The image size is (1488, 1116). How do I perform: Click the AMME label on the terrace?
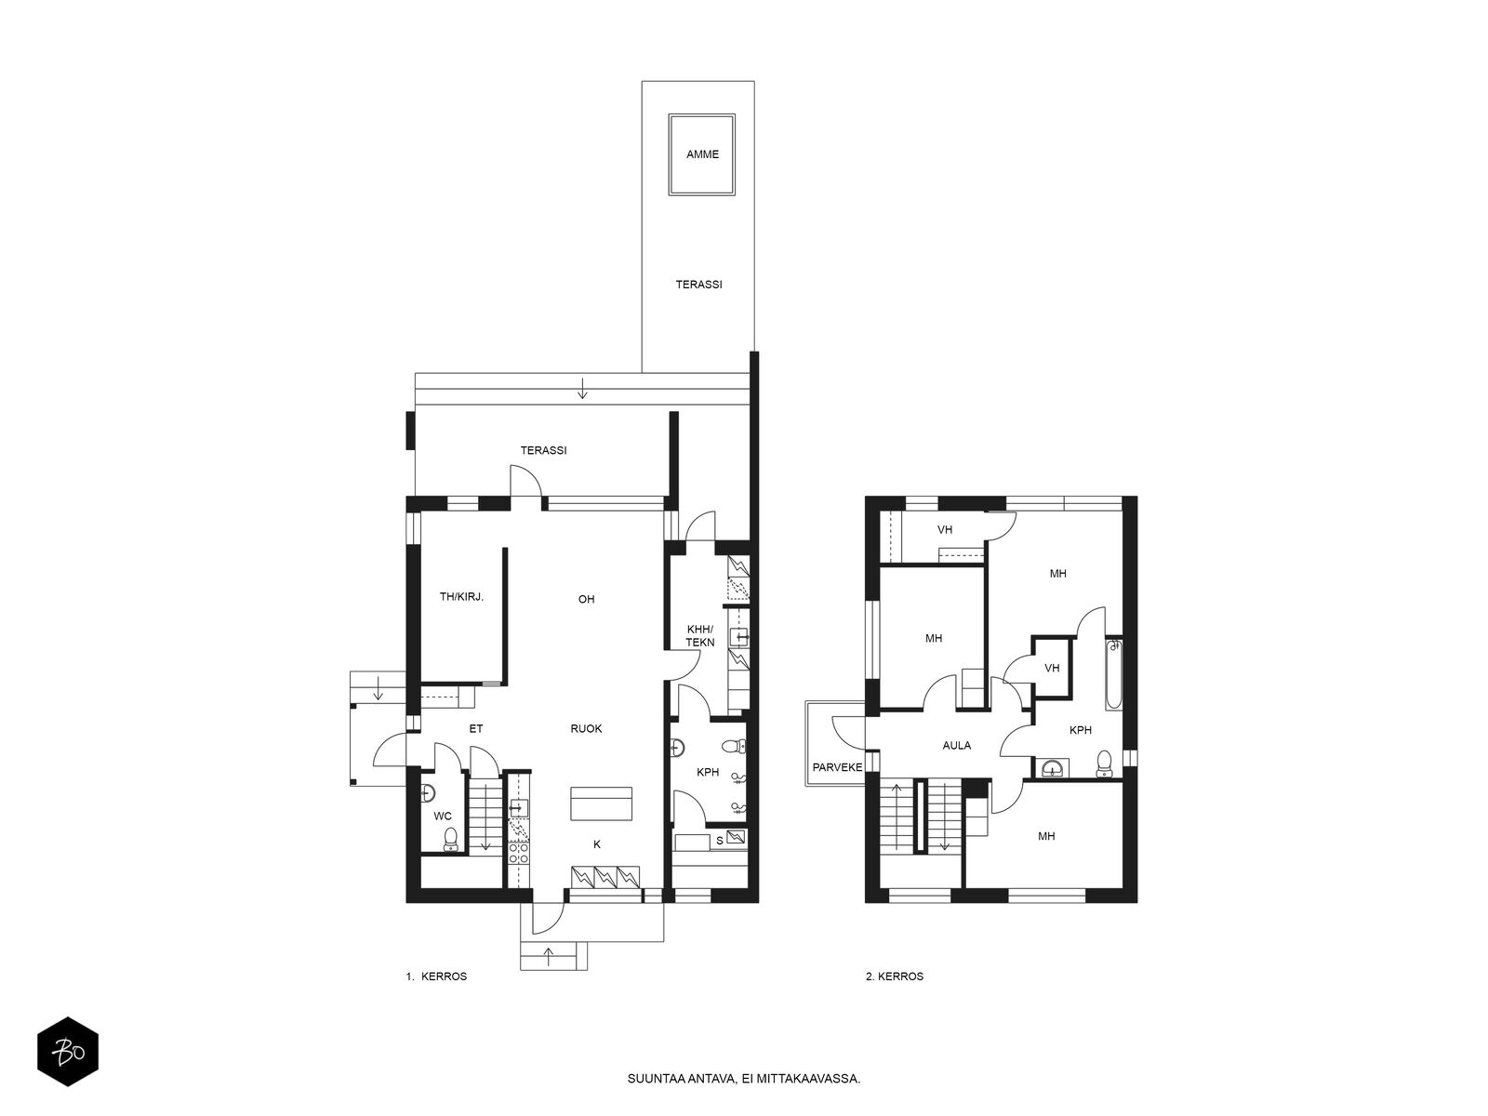pos(701,154)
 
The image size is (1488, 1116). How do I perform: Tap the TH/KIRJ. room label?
pos(461,597)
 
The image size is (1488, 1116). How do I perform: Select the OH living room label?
pos(586,599)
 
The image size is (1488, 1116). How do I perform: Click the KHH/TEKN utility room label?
pos(699,635)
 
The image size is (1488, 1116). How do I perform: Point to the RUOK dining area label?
pos(586,728)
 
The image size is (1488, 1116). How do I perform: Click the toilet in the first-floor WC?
pos(450,840)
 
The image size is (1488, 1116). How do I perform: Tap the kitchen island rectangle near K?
pos(601,804)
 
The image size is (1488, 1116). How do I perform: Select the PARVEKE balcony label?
pos(837,767)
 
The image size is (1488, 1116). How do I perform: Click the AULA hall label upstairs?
pos(957,745)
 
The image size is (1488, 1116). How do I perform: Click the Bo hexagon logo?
pos(68,1052)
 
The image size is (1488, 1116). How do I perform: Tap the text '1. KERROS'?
pos(436,976)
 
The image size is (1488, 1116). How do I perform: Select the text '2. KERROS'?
pos(894,976)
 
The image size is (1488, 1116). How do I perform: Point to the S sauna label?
pos(719,841)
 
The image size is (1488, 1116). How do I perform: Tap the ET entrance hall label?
pos(476,728)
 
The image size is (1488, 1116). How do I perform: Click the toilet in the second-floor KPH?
pos(1104,763)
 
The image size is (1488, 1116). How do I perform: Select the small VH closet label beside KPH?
pos(1052,668)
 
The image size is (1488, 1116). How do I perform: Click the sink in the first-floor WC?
pos(427,792)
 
